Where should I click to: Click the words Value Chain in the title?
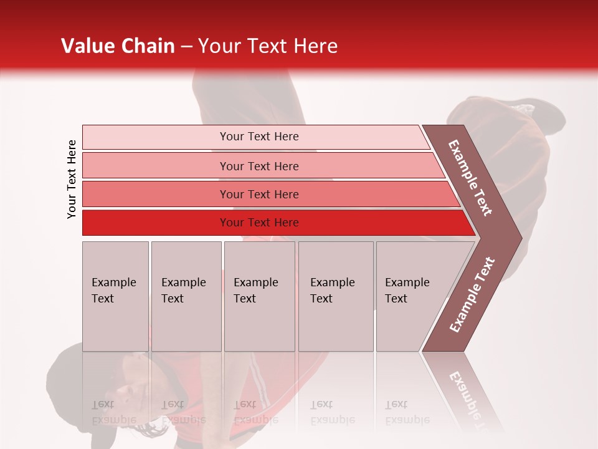(118, 46)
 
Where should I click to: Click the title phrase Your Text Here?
(268, 46)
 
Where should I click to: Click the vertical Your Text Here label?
(72, 179)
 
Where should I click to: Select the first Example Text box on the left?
(115, 296)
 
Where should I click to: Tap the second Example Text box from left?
(186, 296)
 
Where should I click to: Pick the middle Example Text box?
(259, 296)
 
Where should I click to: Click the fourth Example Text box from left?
(335, 296)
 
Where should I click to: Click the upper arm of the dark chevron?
(471, 178)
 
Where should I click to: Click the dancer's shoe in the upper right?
(505, 122)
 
